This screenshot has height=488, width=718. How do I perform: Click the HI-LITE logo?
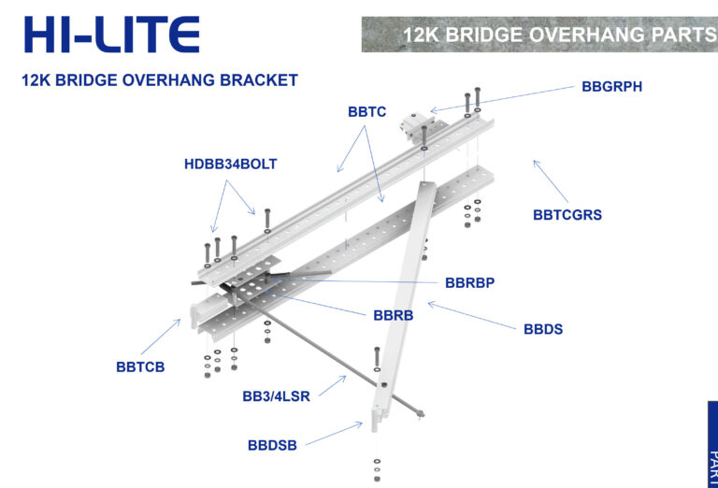(x=111, y=35)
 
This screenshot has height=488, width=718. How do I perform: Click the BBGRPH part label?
(x=611, y=87)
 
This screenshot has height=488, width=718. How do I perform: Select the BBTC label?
(x=366, y=111)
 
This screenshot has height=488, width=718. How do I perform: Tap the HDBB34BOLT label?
(x=231, y=165)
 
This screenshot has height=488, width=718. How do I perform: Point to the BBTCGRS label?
(x=567, y=215)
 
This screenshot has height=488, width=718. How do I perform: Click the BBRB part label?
(x=393, y=315)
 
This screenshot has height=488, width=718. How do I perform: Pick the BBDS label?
(x=543, y=330)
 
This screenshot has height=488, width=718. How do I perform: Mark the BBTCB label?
(x=140, y=367)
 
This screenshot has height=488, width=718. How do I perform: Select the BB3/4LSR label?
(x=276, y=396)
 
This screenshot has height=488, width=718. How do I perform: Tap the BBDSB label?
(x=272, y=445)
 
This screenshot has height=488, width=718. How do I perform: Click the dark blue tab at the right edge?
(x=711, y=445)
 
